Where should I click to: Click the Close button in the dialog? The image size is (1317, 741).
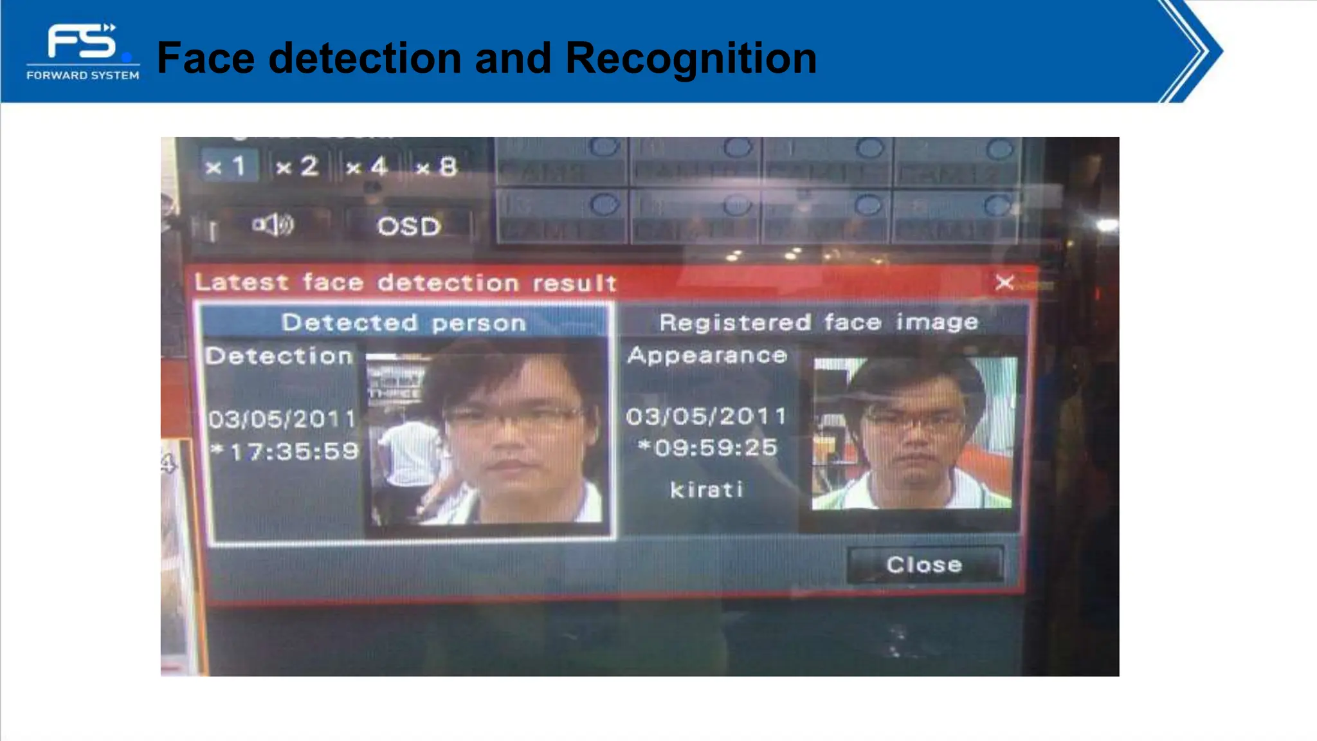(924, 565)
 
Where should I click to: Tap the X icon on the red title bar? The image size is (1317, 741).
(1004, 282)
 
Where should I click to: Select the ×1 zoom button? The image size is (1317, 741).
(227, 167)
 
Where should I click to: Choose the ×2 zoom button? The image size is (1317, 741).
(298, 167)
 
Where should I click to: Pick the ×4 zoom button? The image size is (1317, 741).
(367, 167)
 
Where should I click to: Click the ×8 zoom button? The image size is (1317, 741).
(437, 167)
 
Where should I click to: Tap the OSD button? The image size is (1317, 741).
(409, 226)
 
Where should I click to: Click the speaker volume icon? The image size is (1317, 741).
(273, 225)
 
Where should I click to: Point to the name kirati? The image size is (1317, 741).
(707, 490)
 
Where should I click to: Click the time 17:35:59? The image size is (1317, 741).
(293, 452)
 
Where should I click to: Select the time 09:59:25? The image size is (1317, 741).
(714, 448)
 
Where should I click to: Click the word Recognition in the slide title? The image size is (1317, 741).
(691, 58)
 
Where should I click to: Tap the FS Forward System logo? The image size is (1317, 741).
(83, 52)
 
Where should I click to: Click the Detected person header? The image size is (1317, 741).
(404, 322)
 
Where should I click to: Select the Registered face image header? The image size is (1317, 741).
(819, 322)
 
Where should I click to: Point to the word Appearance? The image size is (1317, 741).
(707, 355)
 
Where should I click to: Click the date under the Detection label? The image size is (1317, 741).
(282, 419)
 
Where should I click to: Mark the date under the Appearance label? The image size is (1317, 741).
(706, 416)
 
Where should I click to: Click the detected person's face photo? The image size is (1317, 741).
(486, 437)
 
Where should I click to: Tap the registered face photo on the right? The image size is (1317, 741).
(913, 434)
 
